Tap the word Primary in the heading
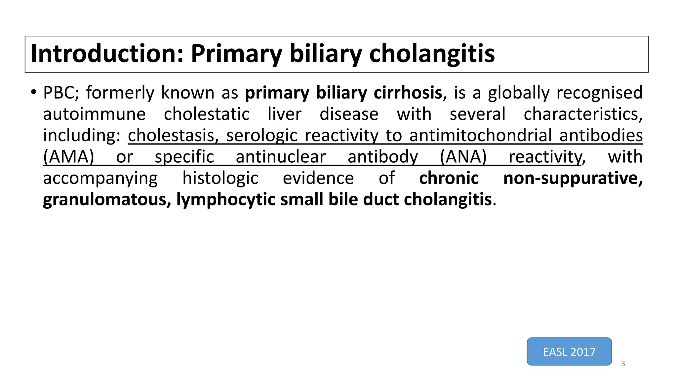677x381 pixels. point(236,54)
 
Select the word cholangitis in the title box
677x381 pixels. point(432,54)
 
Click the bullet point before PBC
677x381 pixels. point(33,92)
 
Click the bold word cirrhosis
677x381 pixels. point(408,93)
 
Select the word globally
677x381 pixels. point(519,93)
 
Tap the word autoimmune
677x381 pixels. point(94,114)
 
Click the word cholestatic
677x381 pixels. point(207,114)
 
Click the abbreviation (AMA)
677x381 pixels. point(69,157)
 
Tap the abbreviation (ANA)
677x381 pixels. point(463,157)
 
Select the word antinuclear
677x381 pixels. point(281,157)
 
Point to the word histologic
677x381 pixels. point(220,179)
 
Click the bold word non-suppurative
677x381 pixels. point(573,179)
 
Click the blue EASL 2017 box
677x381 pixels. point(569,352)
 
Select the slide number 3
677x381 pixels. point(623,364)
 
